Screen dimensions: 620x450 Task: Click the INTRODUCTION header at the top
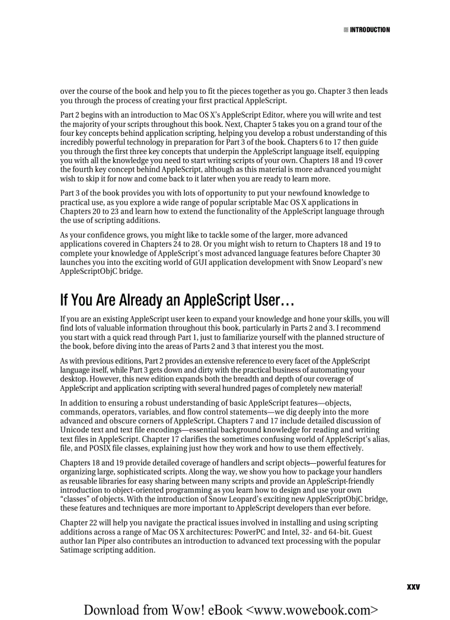click(x=369, y=30)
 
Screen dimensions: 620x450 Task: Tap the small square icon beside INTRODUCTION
click(x=346, y=30)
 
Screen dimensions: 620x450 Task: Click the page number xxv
click(x=413, y=587)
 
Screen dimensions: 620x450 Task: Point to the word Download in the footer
click(x=112, y=610)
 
